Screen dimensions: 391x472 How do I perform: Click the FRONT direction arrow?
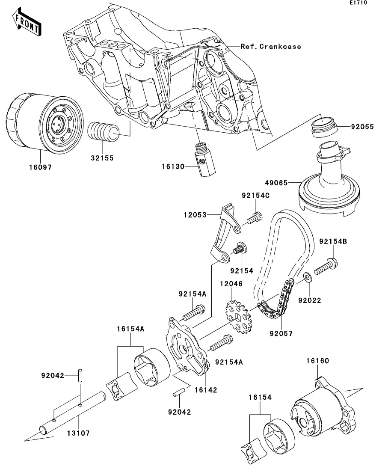27,22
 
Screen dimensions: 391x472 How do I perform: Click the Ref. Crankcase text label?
271,47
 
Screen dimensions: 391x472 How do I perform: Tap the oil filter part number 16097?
40,167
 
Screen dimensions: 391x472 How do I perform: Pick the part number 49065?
276,183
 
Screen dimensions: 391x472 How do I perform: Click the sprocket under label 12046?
238,318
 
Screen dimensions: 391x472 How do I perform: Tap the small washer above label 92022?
307,276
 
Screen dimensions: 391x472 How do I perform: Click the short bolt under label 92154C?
255,218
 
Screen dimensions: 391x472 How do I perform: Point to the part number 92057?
281,333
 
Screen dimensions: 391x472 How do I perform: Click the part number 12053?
195,215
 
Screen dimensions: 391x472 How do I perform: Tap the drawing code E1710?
358,3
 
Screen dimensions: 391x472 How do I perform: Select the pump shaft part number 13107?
78,433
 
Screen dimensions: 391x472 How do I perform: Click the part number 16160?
318,361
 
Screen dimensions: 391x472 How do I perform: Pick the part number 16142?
206,390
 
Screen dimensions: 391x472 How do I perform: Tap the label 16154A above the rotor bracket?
130,329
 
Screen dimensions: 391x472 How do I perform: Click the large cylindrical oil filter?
44,124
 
